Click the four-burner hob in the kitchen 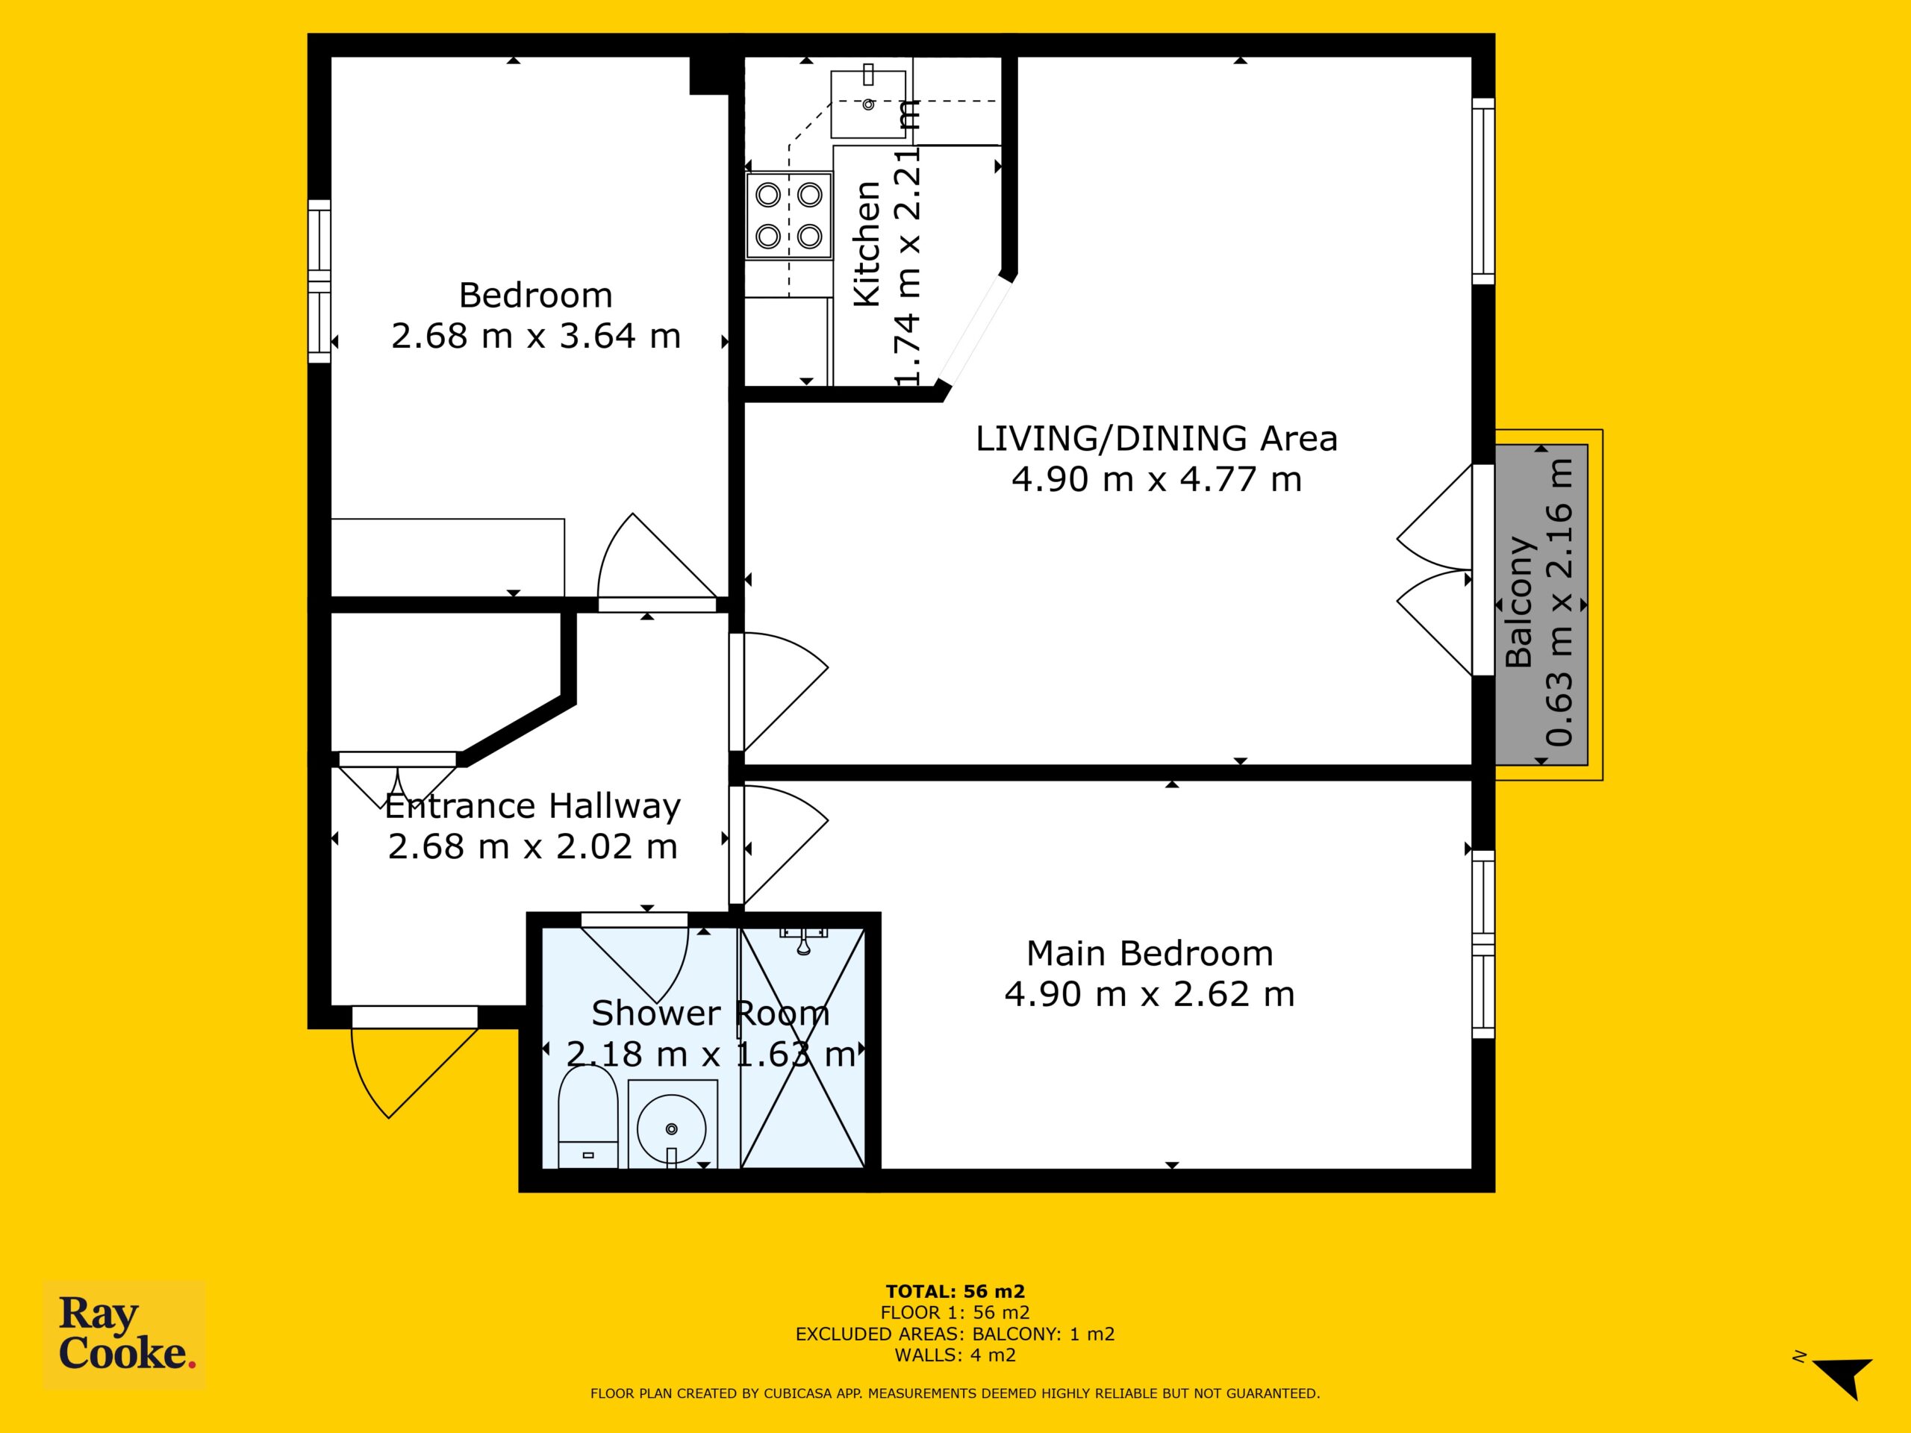(x=790, y=215)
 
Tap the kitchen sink (x=868, y=104)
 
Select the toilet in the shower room (x=587, y=1119)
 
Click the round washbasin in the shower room (x=671, y=1127)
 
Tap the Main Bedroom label (x=1149, y=954)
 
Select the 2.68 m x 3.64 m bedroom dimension (x=536, y=336)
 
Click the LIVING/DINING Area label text (x=1156, y=439)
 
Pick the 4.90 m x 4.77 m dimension (x=1156, y=479)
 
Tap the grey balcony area (x=1541, y=604)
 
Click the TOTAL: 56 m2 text (x=955, y=1291)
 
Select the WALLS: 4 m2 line (x=955, y=1355)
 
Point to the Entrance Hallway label (x=532, y=806)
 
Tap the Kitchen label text (x=867, y=245)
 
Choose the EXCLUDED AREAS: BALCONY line (x=955, y=1334)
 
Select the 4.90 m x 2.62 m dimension (x=1149, y=994)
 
